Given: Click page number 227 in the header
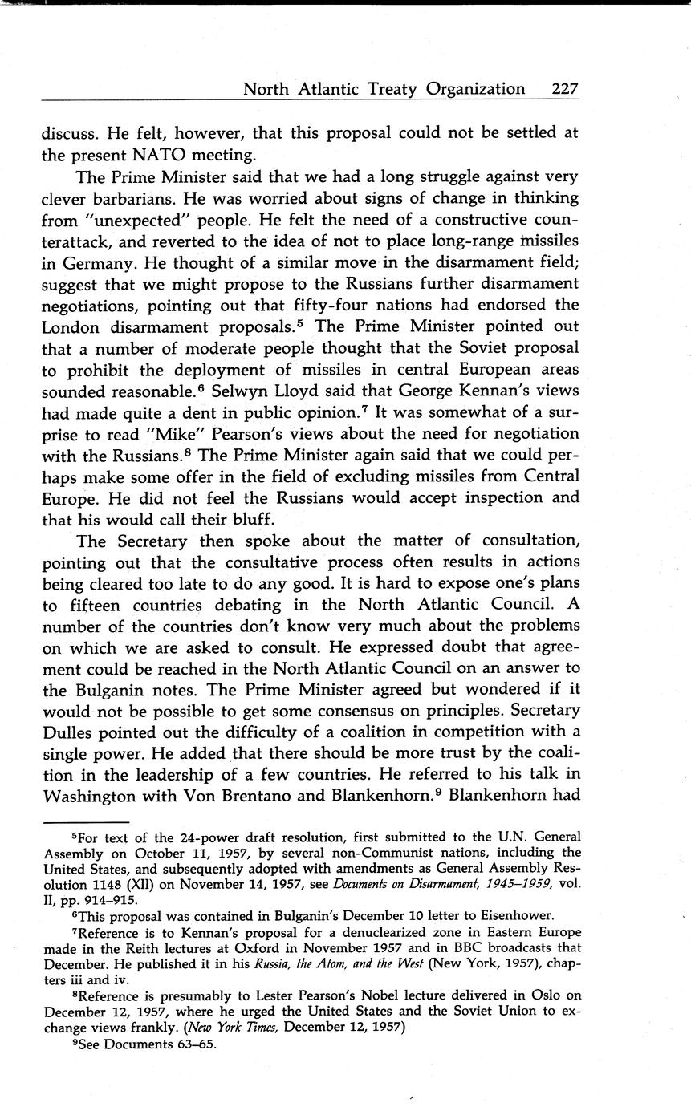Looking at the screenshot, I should pyautogui.click(x=565, y=89).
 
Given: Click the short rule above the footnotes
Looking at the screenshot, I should pyautogui.click(x=85, y=821).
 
